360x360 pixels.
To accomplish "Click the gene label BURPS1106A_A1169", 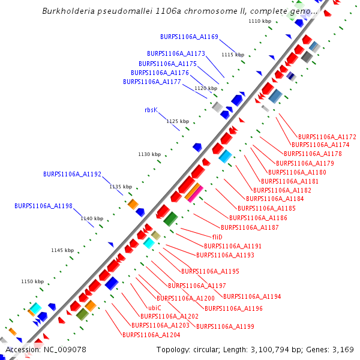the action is point(189,37).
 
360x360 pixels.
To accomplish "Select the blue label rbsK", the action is point(151,110).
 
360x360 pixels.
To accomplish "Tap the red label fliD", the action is point(217,237).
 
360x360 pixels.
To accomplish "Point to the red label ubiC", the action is point(155,307).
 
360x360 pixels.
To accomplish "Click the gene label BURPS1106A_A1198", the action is point(43,206).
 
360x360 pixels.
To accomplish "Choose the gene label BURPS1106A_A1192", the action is point(72,174).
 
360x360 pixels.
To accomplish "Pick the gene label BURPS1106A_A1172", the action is point(327,137).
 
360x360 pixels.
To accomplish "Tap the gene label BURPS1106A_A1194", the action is point(252,296).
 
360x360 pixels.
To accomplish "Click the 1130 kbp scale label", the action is point(149,154).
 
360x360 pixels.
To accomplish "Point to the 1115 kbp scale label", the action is point(233,55).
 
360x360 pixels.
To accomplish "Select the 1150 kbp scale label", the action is point(32,281).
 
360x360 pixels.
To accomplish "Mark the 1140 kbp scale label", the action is point(92,218).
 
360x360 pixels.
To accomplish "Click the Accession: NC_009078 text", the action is point(46,349).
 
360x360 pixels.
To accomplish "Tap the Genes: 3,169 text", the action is point(333,349).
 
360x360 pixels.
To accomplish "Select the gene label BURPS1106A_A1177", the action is point(152,82).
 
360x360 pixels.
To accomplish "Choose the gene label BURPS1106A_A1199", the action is point(226,326).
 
